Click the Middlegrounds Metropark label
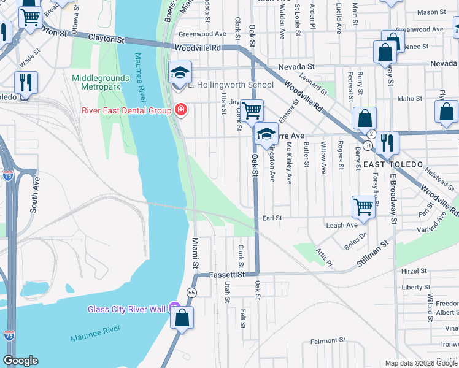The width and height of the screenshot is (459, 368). click(101, 83)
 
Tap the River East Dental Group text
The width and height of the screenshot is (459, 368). click(126, 110)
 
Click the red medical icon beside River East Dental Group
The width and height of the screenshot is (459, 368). click(180, 110)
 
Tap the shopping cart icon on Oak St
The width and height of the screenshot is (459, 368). click(252, 111)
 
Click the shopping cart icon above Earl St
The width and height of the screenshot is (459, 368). click(363, 207)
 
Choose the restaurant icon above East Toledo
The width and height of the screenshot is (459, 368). click(387, 143)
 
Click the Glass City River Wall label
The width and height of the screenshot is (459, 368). click(127, 309)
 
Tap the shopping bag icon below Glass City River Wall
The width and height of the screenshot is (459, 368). click(182, 318)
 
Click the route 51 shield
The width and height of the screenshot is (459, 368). click(367, 145)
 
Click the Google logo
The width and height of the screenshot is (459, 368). click(20, 361)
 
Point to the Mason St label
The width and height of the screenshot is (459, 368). click(431, 12)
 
